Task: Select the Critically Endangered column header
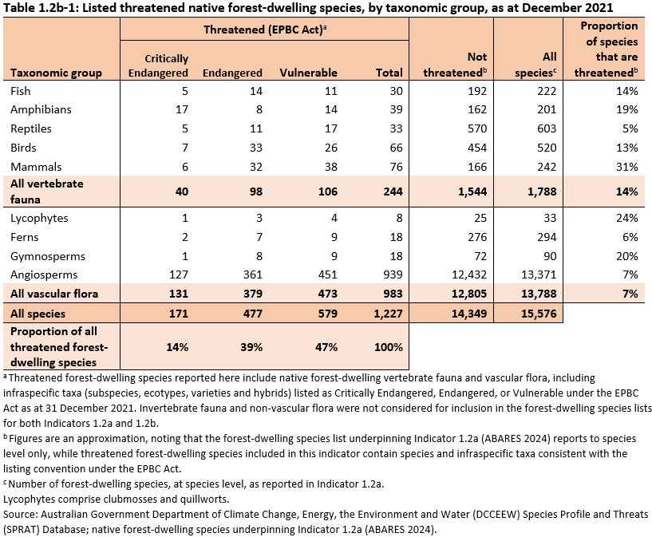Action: point(158,65)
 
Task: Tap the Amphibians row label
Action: point(41,109)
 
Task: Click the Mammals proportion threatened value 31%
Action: point(626,167)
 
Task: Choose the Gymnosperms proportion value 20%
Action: point(626,256)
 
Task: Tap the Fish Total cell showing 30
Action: point(394,90)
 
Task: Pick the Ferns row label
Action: point(25,237)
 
